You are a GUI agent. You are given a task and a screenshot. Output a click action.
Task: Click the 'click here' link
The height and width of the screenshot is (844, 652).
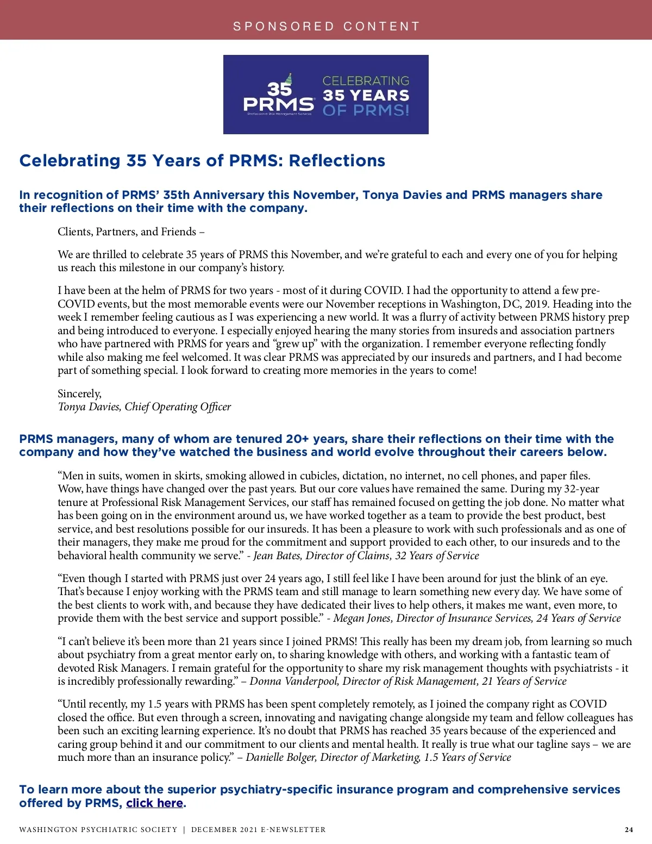click(154, 803)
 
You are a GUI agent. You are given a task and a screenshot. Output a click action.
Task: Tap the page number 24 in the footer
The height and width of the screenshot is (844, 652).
click(629, 829)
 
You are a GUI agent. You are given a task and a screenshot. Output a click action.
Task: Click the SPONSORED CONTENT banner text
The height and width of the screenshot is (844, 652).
click(326, 26)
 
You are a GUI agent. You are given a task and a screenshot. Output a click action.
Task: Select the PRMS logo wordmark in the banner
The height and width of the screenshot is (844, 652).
click(278, 104)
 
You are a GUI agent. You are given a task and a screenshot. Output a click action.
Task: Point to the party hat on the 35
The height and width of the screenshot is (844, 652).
click(289, 79)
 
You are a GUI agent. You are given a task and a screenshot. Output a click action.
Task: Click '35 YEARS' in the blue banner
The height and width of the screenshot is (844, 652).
click(366, 96)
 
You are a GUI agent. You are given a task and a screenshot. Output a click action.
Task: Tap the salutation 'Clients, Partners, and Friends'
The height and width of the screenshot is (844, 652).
click(127, 232)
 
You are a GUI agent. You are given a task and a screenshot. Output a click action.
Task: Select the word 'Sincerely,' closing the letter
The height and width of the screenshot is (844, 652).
click(79, 393)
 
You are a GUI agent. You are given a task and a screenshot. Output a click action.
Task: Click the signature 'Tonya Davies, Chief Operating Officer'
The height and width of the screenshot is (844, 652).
click(145, 407)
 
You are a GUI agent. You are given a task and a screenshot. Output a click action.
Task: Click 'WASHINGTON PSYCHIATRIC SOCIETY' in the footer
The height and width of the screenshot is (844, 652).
click(98, 830)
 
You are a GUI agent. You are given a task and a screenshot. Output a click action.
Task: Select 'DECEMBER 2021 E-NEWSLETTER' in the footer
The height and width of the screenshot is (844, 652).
click(258, 830)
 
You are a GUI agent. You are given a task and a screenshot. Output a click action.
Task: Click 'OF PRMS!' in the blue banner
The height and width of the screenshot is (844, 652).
click(366, 111)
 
